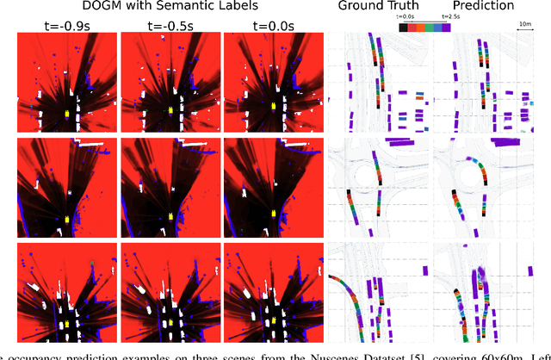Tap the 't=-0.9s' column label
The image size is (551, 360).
point(66,24)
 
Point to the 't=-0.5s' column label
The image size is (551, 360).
point(170,24)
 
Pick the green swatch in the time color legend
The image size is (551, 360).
point(434,27)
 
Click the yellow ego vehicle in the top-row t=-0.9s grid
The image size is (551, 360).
point(67,111)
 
